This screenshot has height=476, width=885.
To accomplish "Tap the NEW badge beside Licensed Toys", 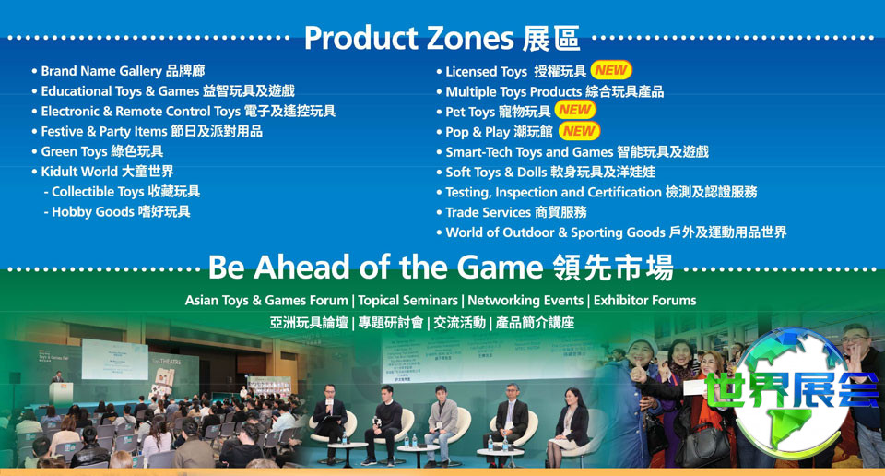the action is [611, 70].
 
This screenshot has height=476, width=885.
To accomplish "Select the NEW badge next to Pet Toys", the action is [575, 110].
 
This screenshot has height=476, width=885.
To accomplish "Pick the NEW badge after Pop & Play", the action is [579, 131].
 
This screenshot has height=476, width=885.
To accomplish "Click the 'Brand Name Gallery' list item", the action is [119, 71].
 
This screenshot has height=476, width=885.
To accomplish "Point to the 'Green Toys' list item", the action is [98, 151].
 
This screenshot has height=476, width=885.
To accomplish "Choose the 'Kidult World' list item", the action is [102, 171].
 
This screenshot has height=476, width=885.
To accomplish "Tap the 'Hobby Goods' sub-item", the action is [117, 212].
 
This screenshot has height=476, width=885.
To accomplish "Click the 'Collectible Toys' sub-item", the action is [122, 192].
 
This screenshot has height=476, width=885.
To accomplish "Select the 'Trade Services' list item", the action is [512, 212].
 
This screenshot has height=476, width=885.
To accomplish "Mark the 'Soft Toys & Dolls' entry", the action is [547, 173].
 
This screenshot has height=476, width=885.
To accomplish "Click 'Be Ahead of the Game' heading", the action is [441, 268].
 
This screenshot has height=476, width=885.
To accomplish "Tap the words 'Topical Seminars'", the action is [407, 301].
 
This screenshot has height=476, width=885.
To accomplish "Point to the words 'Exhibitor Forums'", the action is [644, 301].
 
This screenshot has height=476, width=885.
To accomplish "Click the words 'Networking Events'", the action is [525, 301].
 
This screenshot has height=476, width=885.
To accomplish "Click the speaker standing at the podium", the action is [57, 377].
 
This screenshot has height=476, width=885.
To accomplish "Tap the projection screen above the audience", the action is [115, 360].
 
